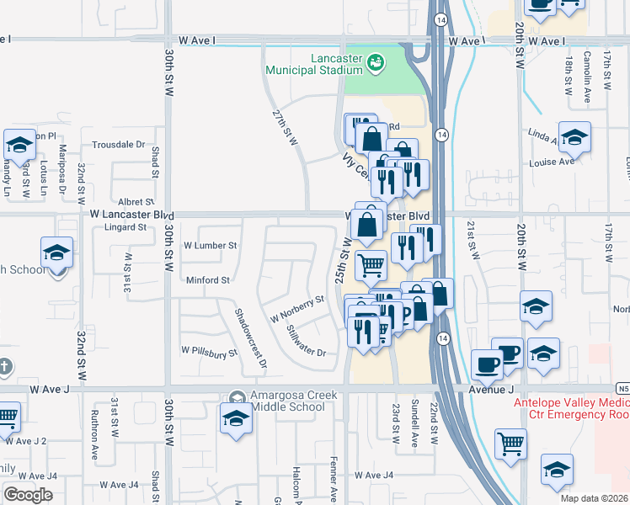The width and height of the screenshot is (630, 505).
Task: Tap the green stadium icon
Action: tap(376, 61)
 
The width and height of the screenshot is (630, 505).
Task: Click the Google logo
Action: tap(28, 494)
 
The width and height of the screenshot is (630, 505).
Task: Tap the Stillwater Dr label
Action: tap(306, 341)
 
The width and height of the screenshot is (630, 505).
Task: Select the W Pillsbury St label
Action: tap(204, 351)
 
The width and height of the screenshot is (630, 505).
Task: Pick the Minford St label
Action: tap(207, 280)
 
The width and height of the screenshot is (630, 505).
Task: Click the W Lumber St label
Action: tap(211, 246)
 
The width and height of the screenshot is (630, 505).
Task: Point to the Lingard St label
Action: tap(125, 227)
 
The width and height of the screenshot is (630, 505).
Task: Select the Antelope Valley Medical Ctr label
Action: tap(571, 407)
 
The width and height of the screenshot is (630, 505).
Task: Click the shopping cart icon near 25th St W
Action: tap(371, 266)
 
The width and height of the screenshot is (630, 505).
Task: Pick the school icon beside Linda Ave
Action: tap(574, 137)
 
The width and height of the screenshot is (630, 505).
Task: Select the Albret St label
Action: tap(136, 202)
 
